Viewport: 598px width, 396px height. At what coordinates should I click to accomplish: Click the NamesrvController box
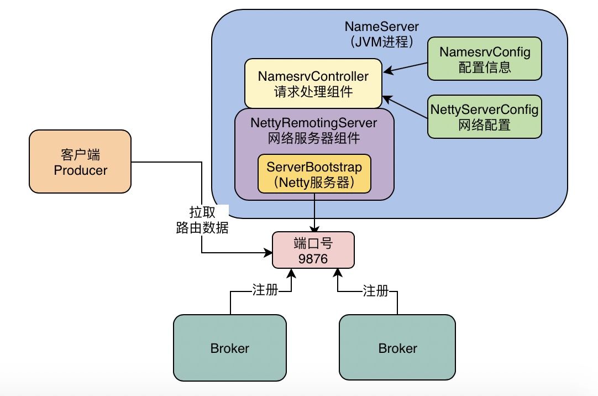(313, 83)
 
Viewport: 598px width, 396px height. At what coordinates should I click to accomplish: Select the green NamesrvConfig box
(485, 60)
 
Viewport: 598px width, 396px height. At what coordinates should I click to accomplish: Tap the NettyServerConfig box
(484, 117)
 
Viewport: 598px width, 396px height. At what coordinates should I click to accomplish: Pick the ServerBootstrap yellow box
(314, 174)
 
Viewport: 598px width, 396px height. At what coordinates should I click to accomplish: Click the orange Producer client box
(80, 161)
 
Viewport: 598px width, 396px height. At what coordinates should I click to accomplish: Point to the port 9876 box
(313, 251)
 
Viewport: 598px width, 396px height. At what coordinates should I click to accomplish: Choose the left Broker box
(229, 348)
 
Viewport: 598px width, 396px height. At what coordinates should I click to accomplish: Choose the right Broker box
(397, 348)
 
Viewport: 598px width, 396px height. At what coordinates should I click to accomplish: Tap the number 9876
(313, 258)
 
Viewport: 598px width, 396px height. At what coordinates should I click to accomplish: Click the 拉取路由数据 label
(202, 220)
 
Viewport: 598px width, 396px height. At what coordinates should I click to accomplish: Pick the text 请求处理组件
(313, 91)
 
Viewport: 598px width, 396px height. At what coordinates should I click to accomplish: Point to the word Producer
(80, 170)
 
